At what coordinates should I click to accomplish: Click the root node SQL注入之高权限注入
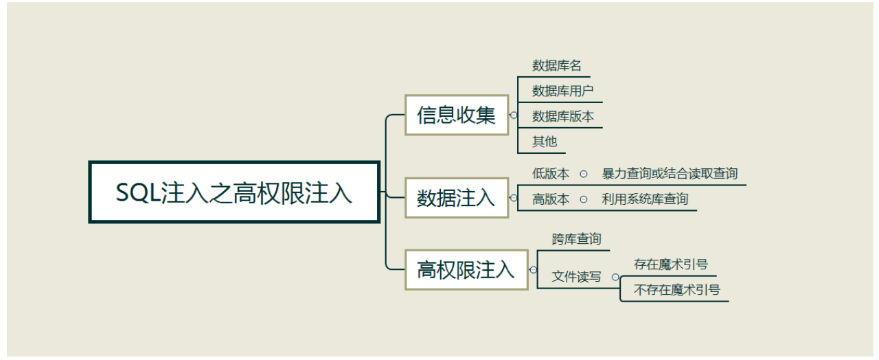234,192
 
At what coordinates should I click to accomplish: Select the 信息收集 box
456,115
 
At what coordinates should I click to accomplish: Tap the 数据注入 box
456,198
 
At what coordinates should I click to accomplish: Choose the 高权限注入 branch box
466,269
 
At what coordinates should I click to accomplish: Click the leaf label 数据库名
557,65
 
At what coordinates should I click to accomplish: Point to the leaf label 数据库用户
563,91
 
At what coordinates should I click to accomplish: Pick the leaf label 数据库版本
563,116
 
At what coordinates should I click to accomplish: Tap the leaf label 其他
545,142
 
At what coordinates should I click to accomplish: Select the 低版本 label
551,174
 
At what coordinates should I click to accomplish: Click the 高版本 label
551,199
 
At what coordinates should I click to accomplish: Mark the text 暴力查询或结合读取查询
670,174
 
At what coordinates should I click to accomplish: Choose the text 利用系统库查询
645,199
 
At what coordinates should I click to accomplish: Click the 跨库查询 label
576,239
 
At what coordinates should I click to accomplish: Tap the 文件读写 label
576,277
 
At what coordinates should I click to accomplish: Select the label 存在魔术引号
671,264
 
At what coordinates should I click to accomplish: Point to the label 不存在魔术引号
677,290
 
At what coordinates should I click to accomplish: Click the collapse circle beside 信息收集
514,115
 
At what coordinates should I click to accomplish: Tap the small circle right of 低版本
583,175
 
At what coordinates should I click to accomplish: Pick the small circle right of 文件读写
615,278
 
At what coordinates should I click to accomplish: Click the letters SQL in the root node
137,193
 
